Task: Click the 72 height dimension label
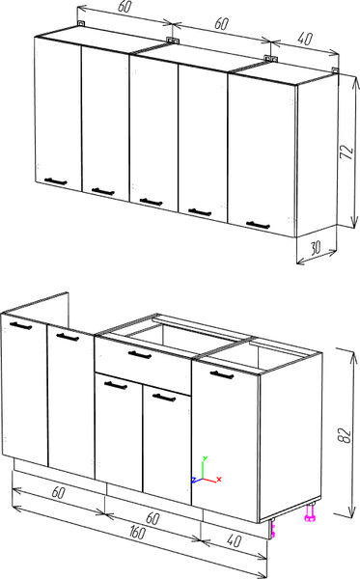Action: [347, 152]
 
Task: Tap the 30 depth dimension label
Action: [315, 248]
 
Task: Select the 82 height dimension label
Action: [345, 435]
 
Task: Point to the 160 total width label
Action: [138, 532]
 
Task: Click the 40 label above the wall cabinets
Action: [305, 38]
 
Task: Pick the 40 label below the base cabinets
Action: [235, 540]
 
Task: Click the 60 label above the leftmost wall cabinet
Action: [125, 7]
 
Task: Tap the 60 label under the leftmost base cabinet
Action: [58, 492]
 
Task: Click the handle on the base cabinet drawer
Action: [140, 354]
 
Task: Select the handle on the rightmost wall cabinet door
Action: [258, 225]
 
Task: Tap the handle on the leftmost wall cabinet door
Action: [55, 181]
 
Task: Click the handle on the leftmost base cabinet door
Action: [20, 326]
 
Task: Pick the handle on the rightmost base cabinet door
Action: [222, 374]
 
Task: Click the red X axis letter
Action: [219, 479]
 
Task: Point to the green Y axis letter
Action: [205, 458]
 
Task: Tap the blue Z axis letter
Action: [194, 480]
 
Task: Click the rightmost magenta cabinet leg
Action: [309, 513]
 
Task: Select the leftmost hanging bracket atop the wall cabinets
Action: [81, 23]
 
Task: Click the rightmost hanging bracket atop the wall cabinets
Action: [335, 70]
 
